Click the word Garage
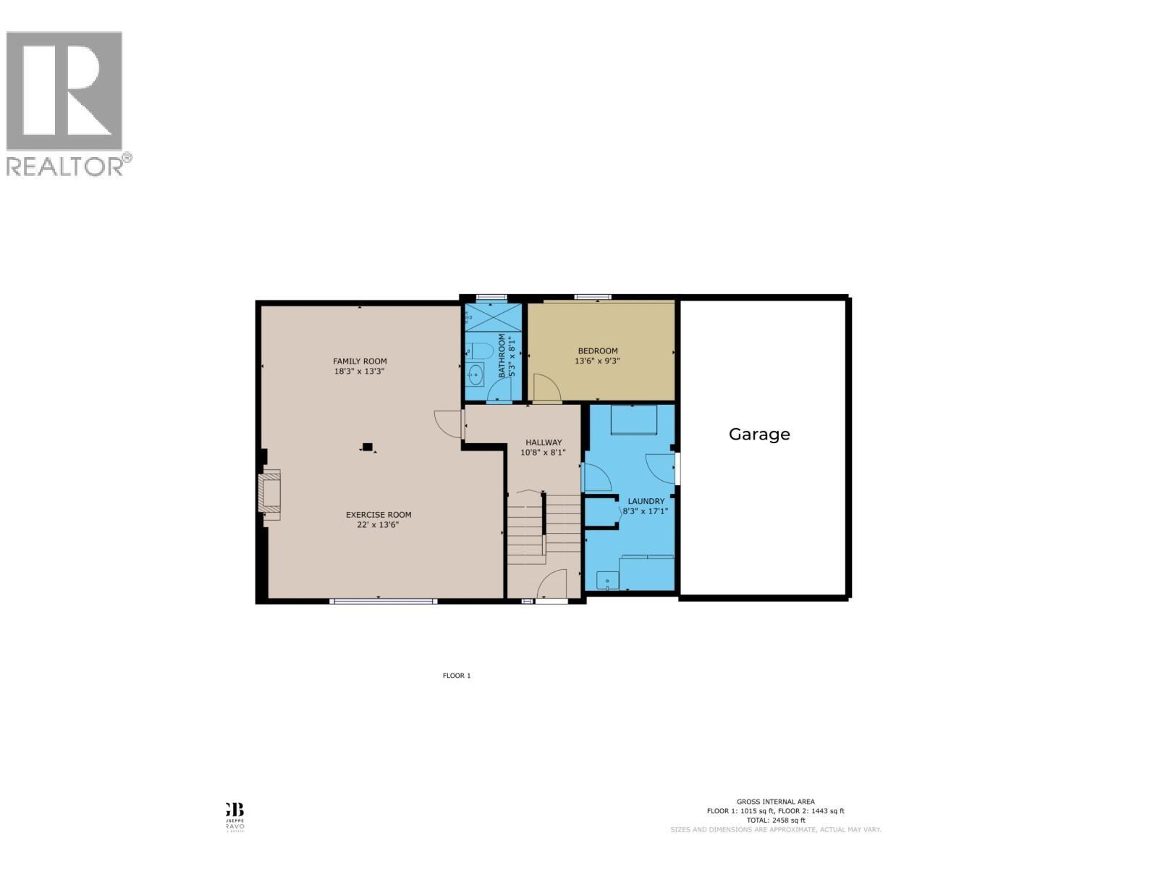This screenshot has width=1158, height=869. [758, 434]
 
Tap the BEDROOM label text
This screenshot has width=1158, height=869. [597, 351]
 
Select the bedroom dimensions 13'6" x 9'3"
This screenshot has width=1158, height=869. [597, 361]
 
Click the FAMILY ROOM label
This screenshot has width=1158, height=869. [360, 361]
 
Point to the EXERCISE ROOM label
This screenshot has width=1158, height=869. [379, 515]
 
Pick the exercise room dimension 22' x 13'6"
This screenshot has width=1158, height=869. [378, 525]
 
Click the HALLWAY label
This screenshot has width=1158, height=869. [543, 442]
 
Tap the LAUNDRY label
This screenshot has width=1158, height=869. [646, 501]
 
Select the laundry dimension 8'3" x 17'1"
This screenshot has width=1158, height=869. [646, 511]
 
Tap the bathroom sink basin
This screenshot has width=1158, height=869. [476, 374]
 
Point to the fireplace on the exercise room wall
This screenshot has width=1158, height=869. [269, 492]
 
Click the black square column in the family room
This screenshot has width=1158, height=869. [368, 448]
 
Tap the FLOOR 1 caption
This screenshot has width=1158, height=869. [457, 676]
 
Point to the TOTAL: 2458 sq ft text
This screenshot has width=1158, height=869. [775, 820]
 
